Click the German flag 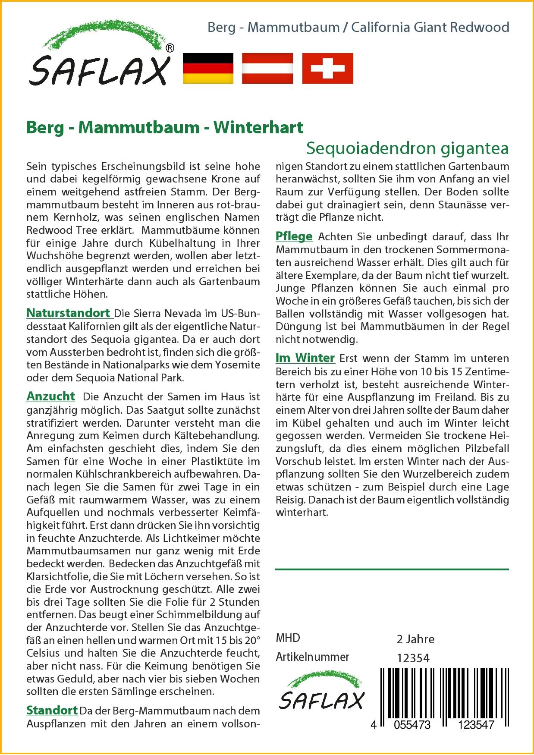pyautogui.click(x=208, y=69)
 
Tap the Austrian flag pyautogui.click(x=267, y=69)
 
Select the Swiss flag pyautogui.click(x=327, y=69)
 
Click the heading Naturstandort pyautogui.click(x=69, y=312)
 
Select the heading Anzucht pyautogui.click(x=51, y=396)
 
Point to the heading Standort pyautogui.click(x=52, y=710)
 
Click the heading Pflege pyautogui.click(x=294, y=236)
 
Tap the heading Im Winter pyautogui.click(x=305, y=358)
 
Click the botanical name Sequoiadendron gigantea pyautogui.click(x=407, y=148)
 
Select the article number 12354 pyautogui.click(x=413, y=658)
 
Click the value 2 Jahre pyautogui.click(x=415, y=639)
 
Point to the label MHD pyautogui.click(x=288, y=638)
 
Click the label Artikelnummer pyautogui.click(x=312, y=657)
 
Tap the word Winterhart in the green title pyautogui.click(x=258, y=127)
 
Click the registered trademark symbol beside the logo pyautogui.click(x=170, y=48)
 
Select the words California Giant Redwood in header pyautogui.click(x=430, y=28)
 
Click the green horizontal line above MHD pyautogui.click(x=392, y=569)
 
